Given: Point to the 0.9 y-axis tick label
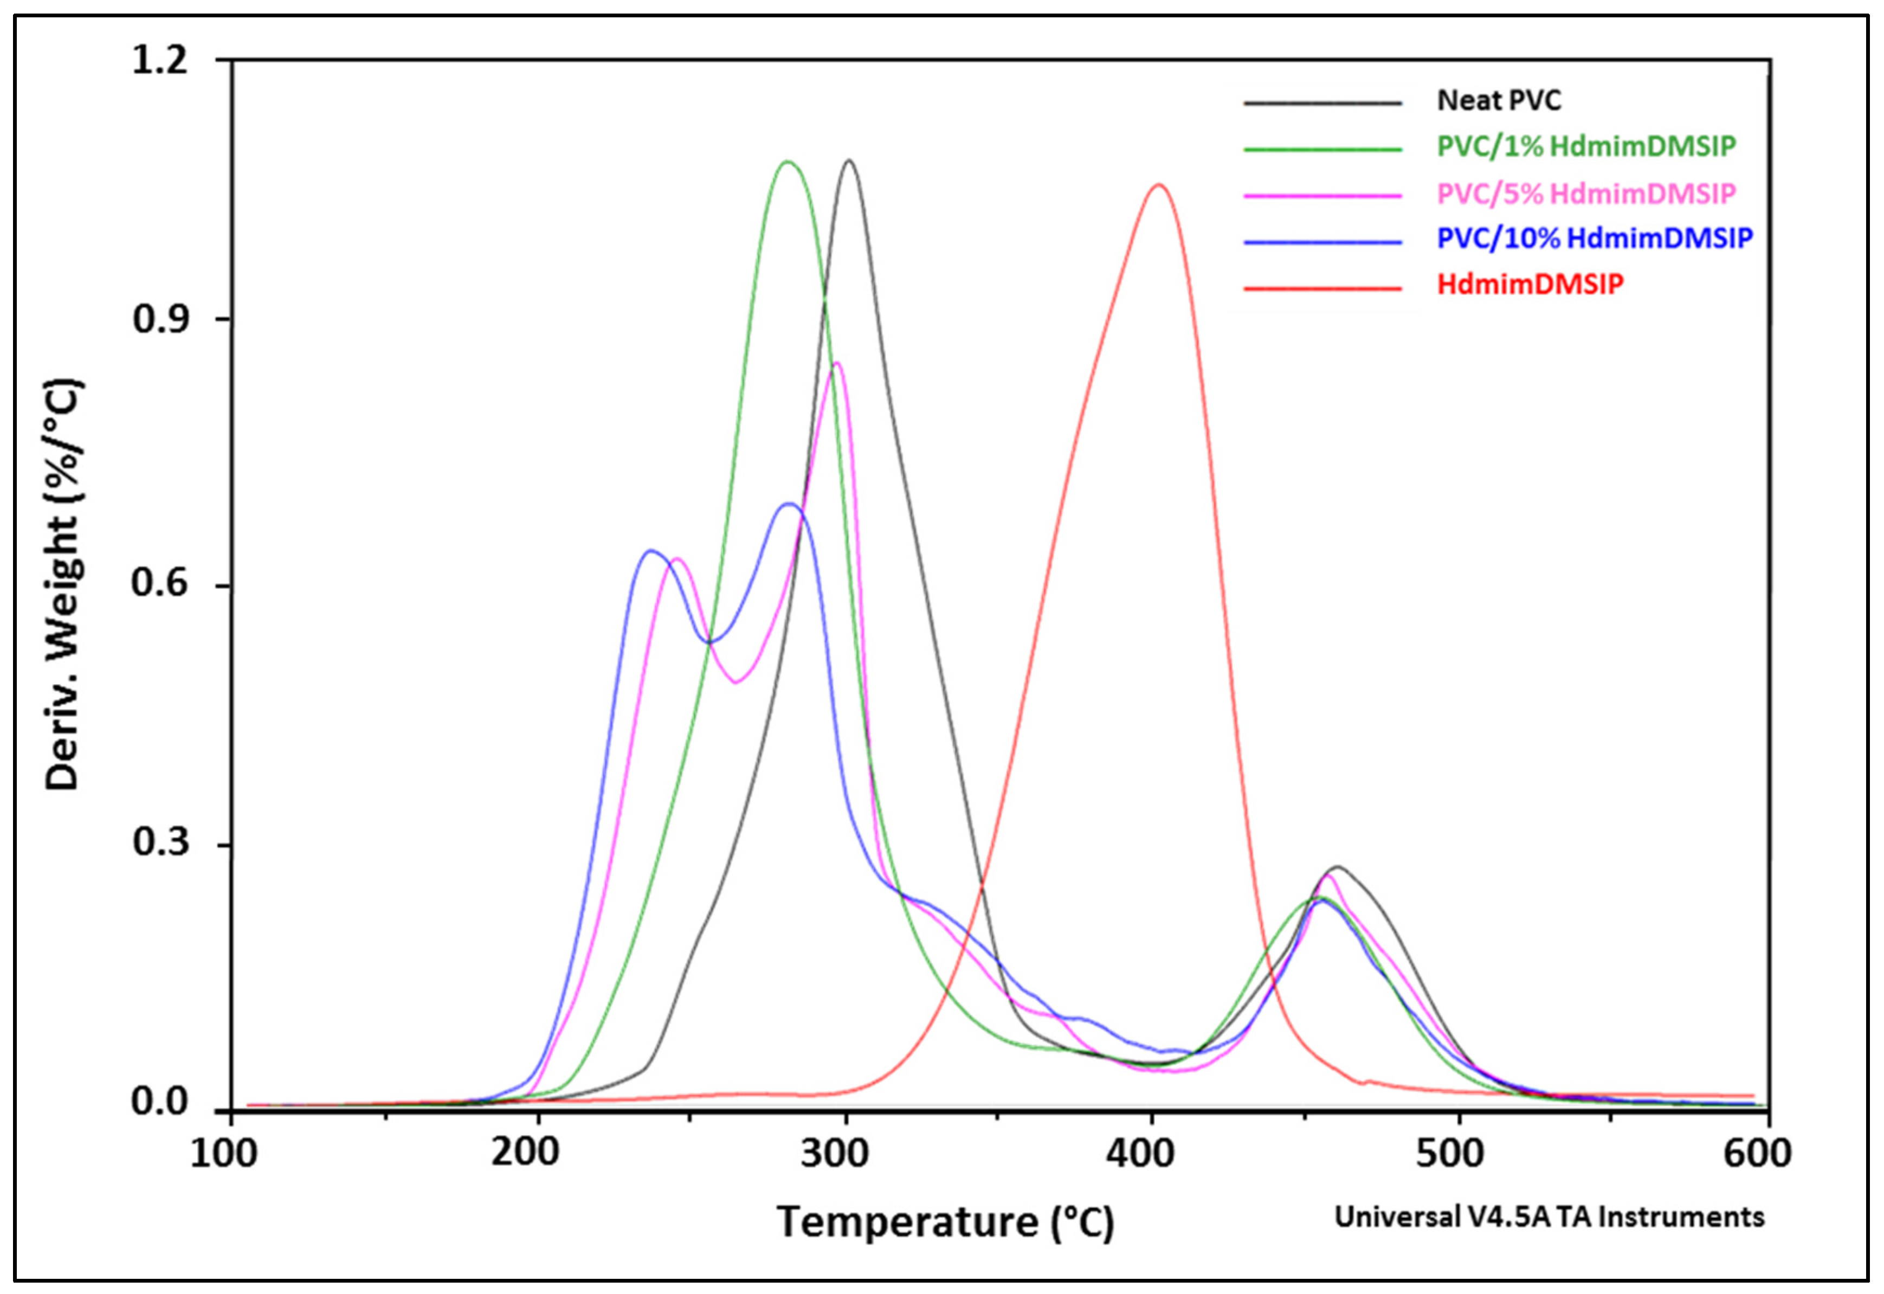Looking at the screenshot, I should point(160,319).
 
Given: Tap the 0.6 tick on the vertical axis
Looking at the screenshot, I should point(160,584).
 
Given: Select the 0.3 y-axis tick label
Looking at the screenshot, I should point(160,843).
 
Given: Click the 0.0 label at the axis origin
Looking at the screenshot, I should point(160,1103).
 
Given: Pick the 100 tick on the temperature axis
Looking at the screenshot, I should point(224,1154).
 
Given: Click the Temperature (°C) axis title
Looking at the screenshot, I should point(945,1222).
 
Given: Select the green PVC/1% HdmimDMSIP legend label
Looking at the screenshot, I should point(1586,147).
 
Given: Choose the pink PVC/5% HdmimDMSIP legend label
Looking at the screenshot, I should point(1586,194).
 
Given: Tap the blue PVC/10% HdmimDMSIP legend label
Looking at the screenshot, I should point(1594,239).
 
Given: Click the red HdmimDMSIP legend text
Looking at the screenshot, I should point(1530,285).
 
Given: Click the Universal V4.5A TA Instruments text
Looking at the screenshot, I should point(1549,1217).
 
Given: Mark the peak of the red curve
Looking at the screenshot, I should point(1158,185).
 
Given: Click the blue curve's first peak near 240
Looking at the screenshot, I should point(650,551).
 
